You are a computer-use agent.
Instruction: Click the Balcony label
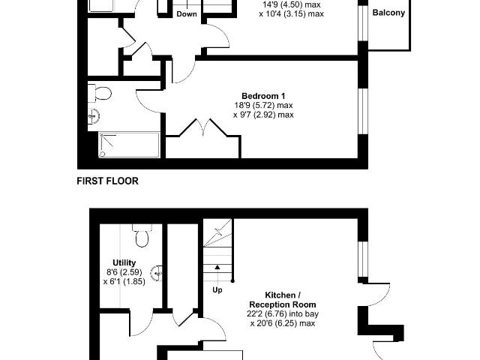388,13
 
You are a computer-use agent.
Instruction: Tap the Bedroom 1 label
263,96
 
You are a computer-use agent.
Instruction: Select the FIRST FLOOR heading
107,181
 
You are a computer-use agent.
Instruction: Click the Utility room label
124,262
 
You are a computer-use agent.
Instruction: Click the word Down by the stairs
187,14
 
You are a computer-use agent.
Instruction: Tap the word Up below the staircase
217,289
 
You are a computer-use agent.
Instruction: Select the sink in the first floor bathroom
93,116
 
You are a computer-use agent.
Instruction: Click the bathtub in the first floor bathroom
129,145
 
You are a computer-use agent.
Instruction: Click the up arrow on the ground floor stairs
217,267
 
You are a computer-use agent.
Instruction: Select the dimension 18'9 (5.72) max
263,105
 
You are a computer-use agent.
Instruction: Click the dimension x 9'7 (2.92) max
263,115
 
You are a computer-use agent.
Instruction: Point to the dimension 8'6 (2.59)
124,271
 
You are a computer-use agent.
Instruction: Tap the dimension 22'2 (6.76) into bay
283,313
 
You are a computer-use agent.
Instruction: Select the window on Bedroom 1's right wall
363,112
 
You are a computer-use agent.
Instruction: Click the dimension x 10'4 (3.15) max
292,13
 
